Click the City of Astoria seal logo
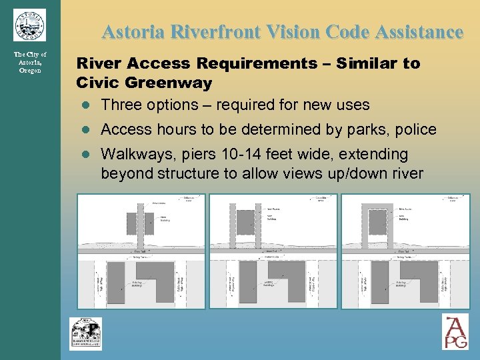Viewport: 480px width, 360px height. click(29, 25)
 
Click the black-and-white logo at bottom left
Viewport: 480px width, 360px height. click(86, 333)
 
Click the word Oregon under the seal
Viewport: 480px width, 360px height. click(30, 70)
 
